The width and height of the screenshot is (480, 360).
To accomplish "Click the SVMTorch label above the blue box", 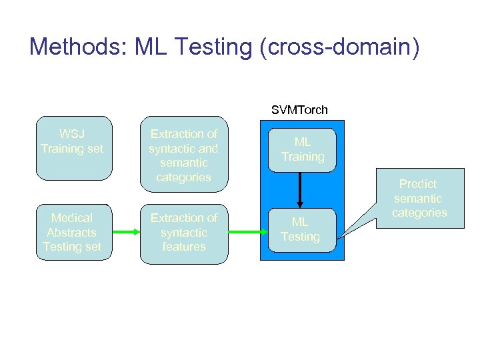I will tap(299, 109).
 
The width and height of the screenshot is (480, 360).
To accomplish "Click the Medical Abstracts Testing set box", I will tap(72, 232).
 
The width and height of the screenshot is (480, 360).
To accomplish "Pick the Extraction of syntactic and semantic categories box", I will tap(183, 155).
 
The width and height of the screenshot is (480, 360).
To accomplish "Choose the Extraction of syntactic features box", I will tap(183, 232).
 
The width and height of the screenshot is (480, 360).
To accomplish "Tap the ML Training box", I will tap(302, 150).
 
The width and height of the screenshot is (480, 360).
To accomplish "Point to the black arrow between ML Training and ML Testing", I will tap(300, 190).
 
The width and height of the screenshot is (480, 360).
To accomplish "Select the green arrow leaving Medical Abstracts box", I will tap(125, 232).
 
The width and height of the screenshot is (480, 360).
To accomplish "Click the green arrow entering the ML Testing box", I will tap(246, 232).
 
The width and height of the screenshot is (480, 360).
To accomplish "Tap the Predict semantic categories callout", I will tap(419, 198).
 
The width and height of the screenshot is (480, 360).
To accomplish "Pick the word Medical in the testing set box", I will tap(72, 218).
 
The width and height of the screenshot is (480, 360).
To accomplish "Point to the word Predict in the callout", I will tap(418, 184).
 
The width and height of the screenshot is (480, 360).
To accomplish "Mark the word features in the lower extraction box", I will tap(183, 247).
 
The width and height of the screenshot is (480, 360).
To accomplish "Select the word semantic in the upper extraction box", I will tap(183, 163).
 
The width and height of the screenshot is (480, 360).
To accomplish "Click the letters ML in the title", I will tap(151, 47).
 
